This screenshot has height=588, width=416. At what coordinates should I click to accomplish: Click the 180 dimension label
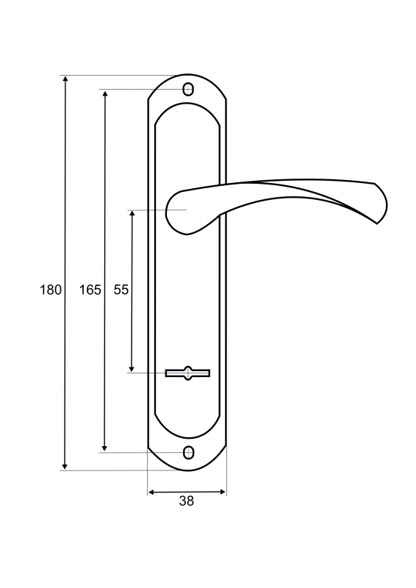coord(51,290)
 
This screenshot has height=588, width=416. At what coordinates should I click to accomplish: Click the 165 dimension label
coord(90,290)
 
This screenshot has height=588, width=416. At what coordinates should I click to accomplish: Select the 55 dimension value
coord(121,290)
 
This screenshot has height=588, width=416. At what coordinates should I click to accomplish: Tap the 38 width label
coord(187,501)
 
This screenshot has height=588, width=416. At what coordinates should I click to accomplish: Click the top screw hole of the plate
coord(188,90)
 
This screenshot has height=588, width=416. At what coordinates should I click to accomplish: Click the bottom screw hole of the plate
coord(188,452)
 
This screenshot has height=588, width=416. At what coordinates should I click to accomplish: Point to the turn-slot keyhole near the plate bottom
coord(187,373)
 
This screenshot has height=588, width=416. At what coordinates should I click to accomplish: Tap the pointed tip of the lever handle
coord(376,223)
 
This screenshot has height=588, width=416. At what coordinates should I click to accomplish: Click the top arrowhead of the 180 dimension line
coord(65,79)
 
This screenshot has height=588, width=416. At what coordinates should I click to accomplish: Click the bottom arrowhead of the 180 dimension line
coord(65,466)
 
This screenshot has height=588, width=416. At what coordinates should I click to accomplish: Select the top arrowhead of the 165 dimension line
coord(105,93)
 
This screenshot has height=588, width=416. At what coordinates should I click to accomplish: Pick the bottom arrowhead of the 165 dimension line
coord(104,448)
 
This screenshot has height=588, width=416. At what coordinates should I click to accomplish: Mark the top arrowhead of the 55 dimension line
coord(132,214)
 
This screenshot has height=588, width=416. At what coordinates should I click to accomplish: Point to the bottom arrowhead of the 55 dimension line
coord(132,368)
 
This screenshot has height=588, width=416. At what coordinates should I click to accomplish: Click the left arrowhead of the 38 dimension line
coord(152,492)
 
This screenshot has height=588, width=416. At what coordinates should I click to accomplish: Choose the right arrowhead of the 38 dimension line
coord(223,492)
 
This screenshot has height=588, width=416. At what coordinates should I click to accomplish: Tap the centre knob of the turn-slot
coord(187,373)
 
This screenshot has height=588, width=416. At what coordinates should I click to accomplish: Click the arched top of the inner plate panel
coord(187,104)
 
